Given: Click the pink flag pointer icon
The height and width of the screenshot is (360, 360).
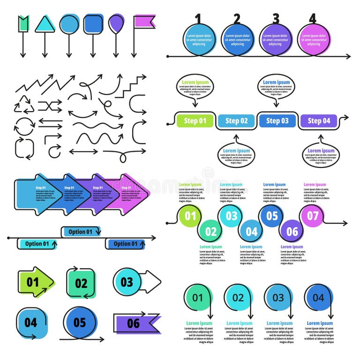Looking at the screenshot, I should (143, 22).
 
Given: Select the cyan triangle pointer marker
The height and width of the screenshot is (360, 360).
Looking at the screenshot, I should (45, 25).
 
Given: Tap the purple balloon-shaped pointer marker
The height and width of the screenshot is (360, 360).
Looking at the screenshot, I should (116, 23).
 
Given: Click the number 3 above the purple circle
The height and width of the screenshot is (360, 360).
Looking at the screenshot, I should (276, 19).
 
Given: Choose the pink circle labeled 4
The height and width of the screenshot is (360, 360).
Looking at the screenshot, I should (314, 39).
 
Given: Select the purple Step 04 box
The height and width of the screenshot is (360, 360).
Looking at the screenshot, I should (319, 121).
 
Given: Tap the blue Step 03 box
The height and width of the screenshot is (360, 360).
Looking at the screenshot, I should (277, 121).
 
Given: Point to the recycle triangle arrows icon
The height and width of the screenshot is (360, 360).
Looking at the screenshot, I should (24, 105).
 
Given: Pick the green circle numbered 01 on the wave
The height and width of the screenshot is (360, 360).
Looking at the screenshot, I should (190, 217).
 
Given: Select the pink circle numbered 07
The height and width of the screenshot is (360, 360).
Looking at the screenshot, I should (312, 217).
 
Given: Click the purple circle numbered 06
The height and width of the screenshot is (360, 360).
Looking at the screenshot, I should (292, 232).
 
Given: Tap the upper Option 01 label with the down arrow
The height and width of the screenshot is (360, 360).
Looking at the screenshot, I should (81, 232).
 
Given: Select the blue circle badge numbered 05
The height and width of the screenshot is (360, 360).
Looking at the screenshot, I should (80, 323).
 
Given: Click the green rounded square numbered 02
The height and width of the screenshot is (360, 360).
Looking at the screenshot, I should (81, 284).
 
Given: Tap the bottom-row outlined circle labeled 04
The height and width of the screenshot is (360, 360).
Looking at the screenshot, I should (318, 298).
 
